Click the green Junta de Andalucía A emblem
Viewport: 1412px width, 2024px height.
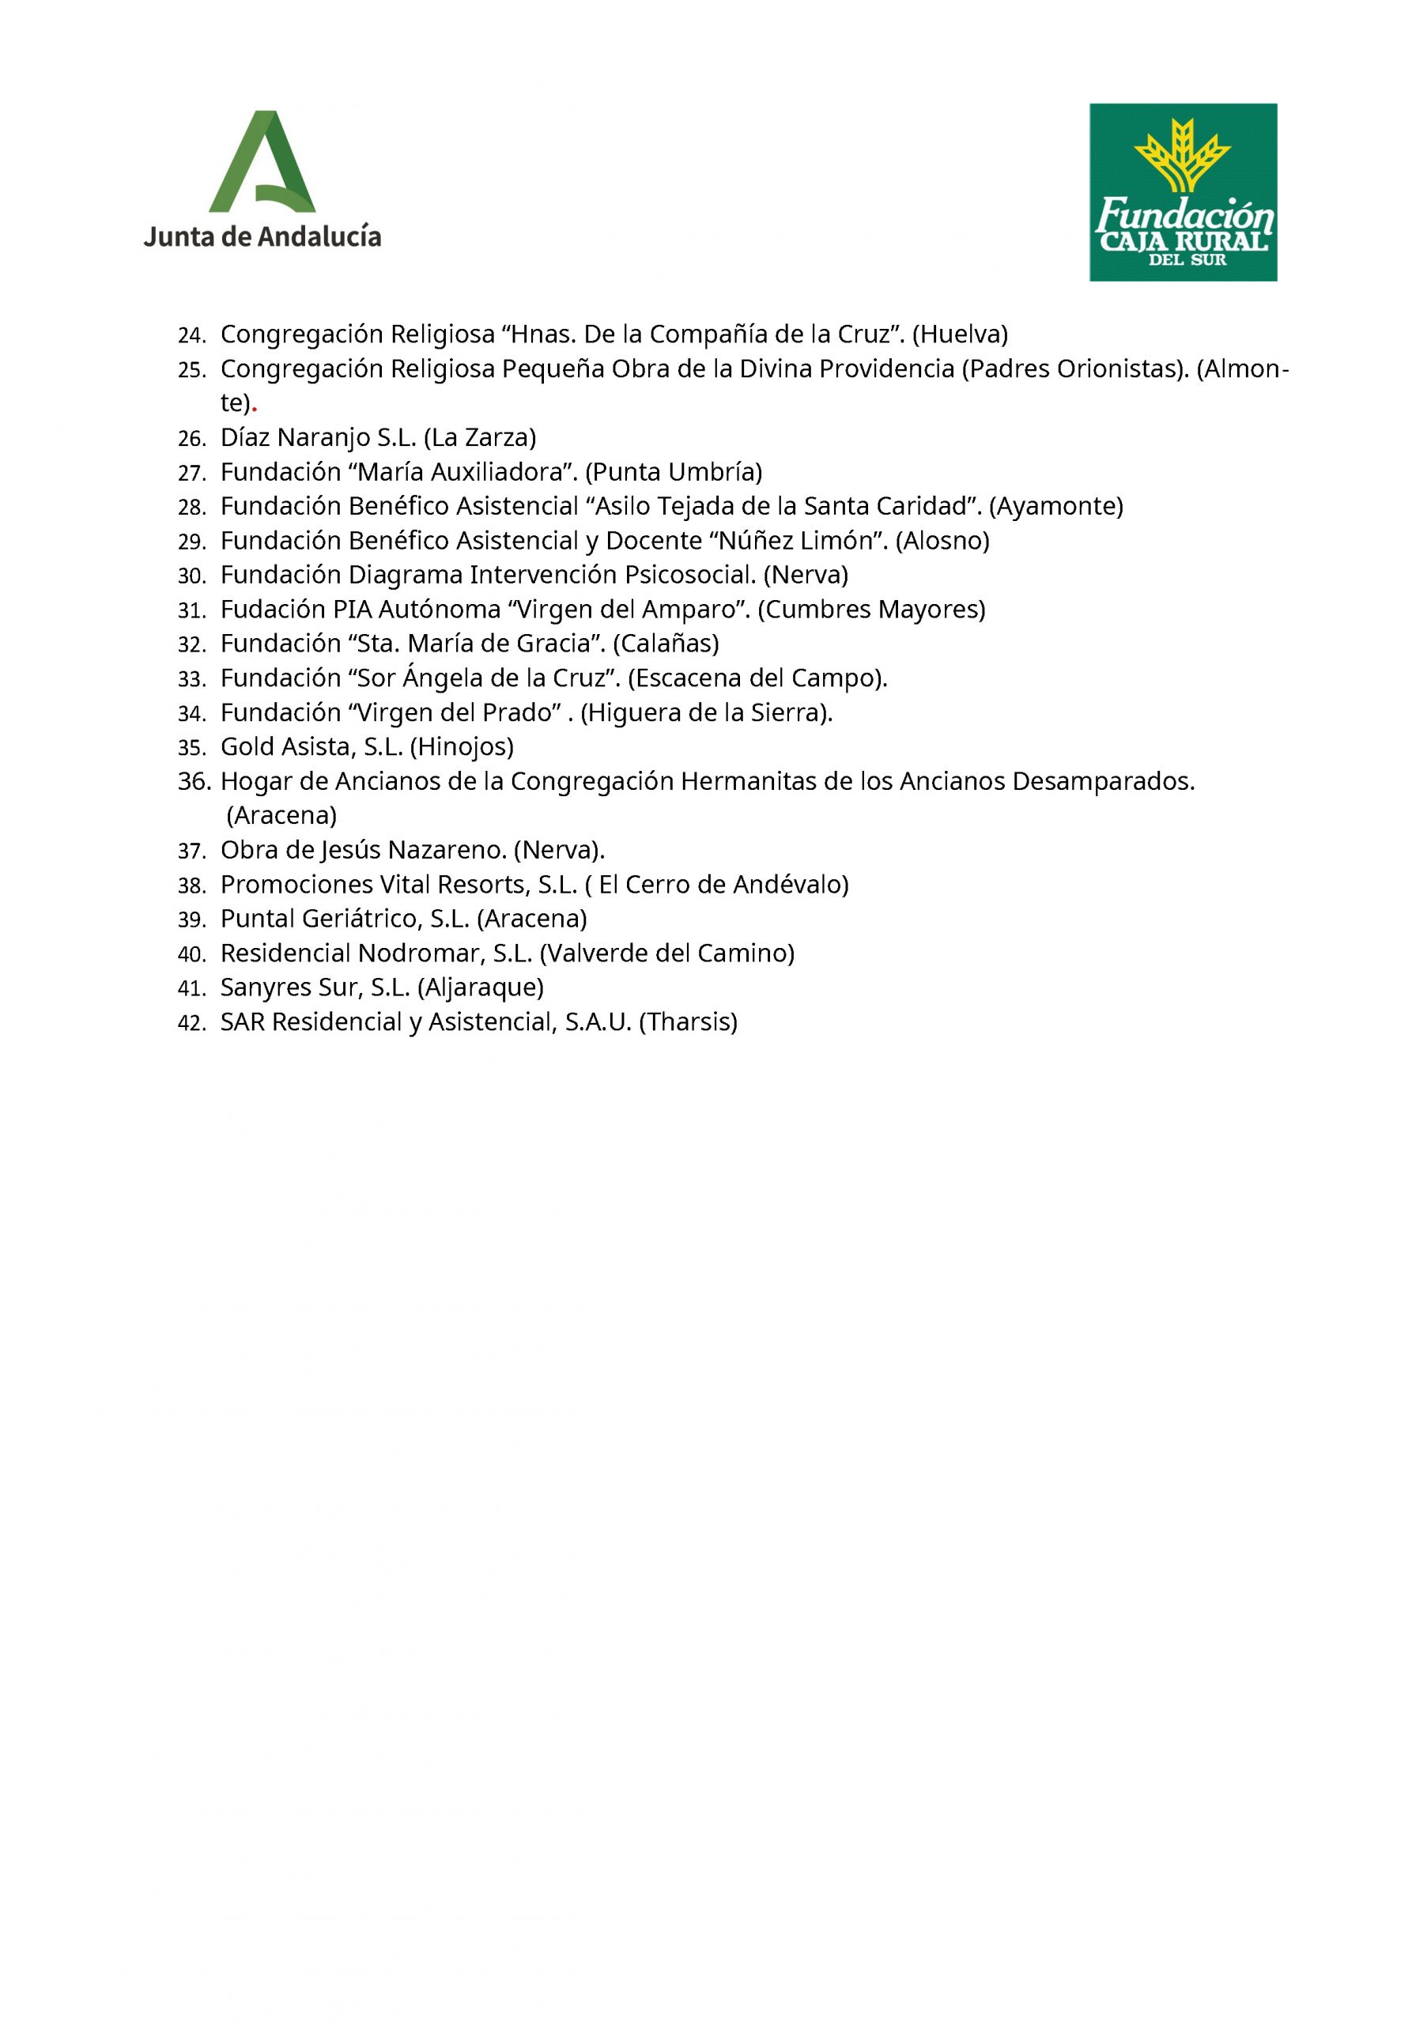coord(262,162)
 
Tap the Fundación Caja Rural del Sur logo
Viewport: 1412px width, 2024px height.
coord(1182,192)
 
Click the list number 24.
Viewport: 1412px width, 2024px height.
coord(191,336)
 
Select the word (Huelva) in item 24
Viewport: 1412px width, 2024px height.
coord(960,334)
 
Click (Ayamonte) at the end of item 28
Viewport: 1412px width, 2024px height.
coord(1056,506)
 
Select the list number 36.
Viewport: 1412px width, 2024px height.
coord(194,781)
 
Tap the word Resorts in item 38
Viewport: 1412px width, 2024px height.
coord(482,884)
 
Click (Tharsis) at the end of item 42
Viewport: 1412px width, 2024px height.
coord(689,1021)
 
